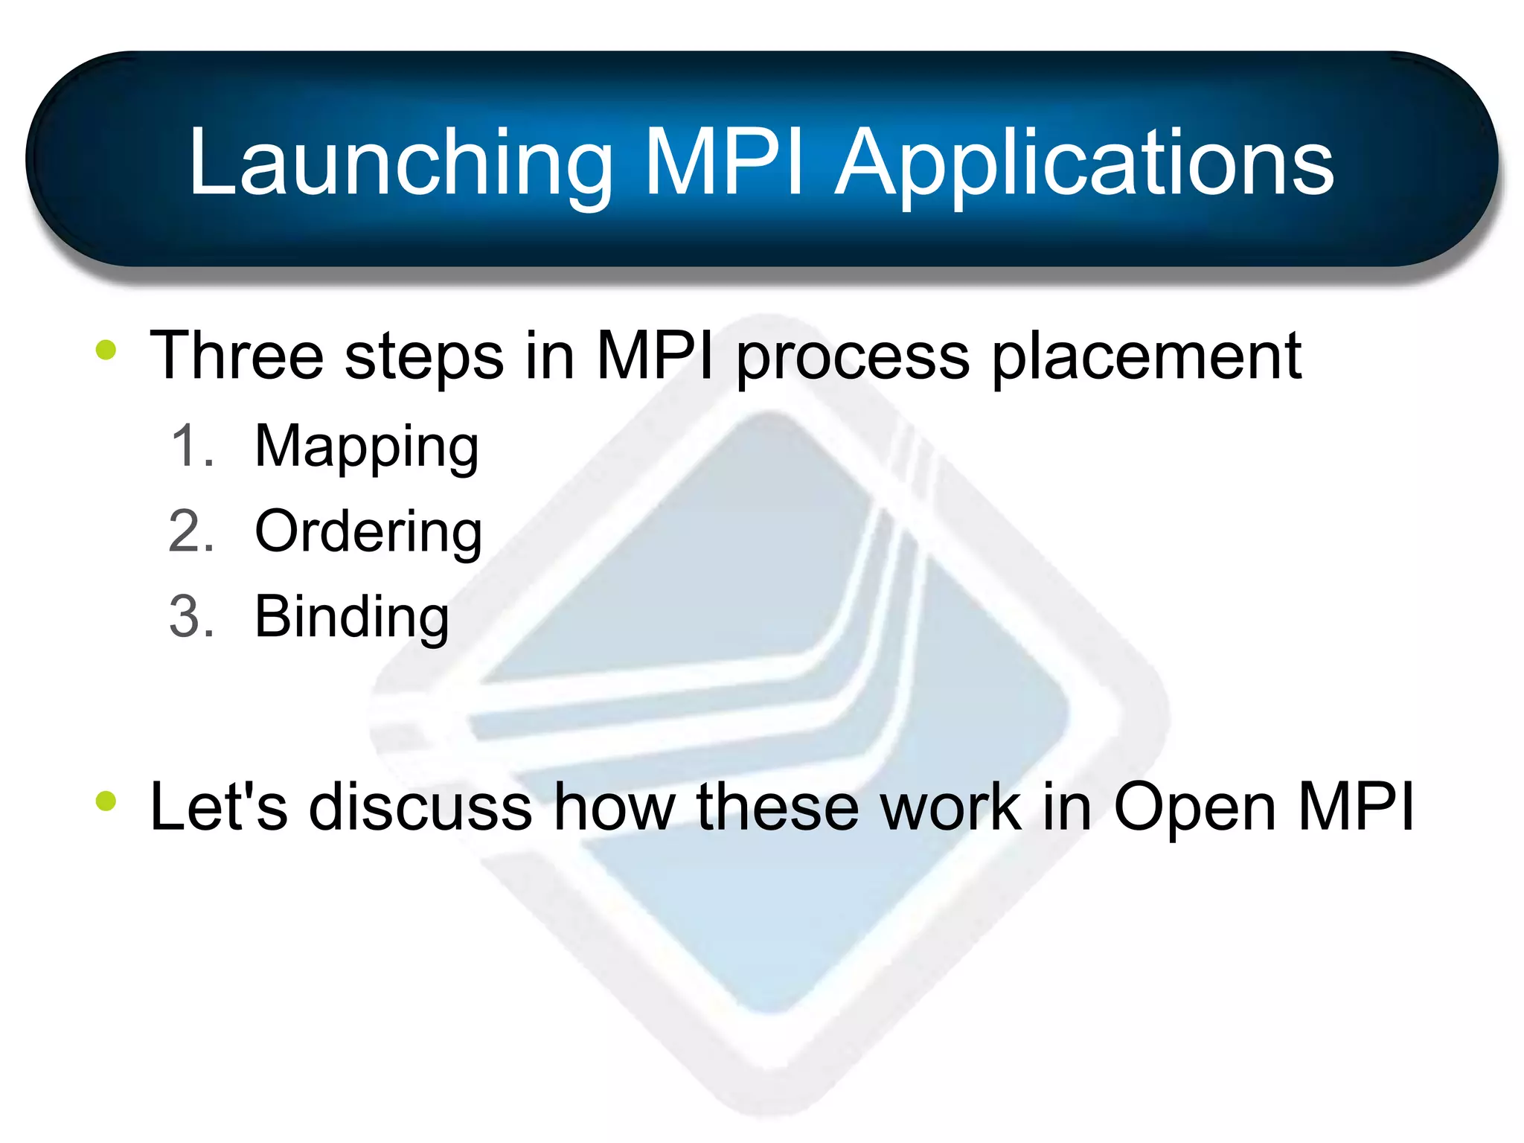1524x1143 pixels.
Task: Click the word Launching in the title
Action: (x=400, y=163)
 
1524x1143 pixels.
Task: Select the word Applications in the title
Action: (x=1084, y=163)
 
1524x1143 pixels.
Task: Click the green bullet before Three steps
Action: (x=106, y=350)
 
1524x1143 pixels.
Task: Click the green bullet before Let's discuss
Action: (x=106, y=801)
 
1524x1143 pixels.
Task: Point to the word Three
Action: (x=237, y=356)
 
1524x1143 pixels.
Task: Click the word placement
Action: (x=1147, y=356)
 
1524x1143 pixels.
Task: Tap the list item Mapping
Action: (x=366, y=446)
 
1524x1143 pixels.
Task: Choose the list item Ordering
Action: (x=368, y=532)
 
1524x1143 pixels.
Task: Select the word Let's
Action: (x=218, y=806)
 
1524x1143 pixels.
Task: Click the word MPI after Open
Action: (x=1355, y=806)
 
